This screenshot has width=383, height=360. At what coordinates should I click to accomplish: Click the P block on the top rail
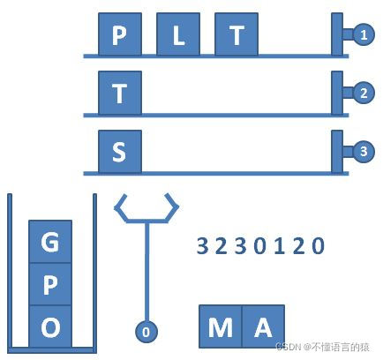click(119, 35)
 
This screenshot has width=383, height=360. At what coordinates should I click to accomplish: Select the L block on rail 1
click(178, 35)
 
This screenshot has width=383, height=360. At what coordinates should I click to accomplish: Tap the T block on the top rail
click(237, 35)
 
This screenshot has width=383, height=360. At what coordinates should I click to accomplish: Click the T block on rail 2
click(119, 94)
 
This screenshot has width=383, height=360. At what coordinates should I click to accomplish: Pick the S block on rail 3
click(119, 152)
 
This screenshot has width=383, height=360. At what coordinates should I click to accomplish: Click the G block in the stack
click(50, 242)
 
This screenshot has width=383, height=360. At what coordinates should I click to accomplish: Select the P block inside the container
click(50, 284)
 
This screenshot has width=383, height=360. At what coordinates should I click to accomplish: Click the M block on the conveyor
click(221, 327)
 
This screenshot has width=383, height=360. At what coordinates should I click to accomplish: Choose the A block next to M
click(262, 327)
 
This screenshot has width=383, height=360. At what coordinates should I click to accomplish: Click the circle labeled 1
click(363, 35)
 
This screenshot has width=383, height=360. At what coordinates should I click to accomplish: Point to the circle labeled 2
click(363, 93)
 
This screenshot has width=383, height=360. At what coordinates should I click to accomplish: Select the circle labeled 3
click(363, 152)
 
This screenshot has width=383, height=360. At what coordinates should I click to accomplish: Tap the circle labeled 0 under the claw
click(146, 332)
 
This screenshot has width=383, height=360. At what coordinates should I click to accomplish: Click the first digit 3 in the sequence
click(201, 246)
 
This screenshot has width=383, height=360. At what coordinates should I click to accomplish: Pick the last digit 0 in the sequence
click(319, 246)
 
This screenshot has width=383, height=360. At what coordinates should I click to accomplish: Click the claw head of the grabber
click(146, 210)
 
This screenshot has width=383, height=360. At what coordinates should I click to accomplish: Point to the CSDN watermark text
click(327, 348)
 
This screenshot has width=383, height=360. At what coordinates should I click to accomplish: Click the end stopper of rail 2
click(337, 93)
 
